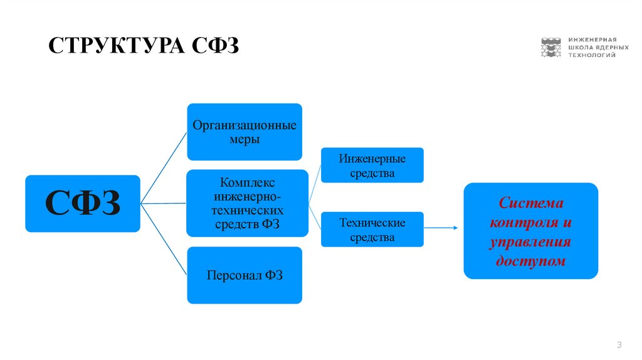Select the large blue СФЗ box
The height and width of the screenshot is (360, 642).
82,203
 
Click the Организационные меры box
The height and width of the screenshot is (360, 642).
245,132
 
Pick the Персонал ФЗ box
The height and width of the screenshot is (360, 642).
245,275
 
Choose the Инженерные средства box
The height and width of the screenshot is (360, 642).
372,165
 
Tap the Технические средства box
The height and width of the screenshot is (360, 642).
372,230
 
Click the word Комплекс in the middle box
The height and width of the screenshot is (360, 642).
247,183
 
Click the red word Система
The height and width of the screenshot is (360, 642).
531,204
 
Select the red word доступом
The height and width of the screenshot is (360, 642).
530,260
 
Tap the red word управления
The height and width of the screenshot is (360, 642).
530,241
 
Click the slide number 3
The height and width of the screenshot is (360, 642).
619,344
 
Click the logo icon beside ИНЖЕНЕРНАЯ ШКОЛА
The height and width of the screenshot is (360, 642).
551,47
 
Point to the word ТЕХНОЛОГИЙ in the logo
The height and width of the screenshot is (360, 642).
592,55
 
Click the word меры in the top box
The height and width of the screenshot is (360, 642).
245,139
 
